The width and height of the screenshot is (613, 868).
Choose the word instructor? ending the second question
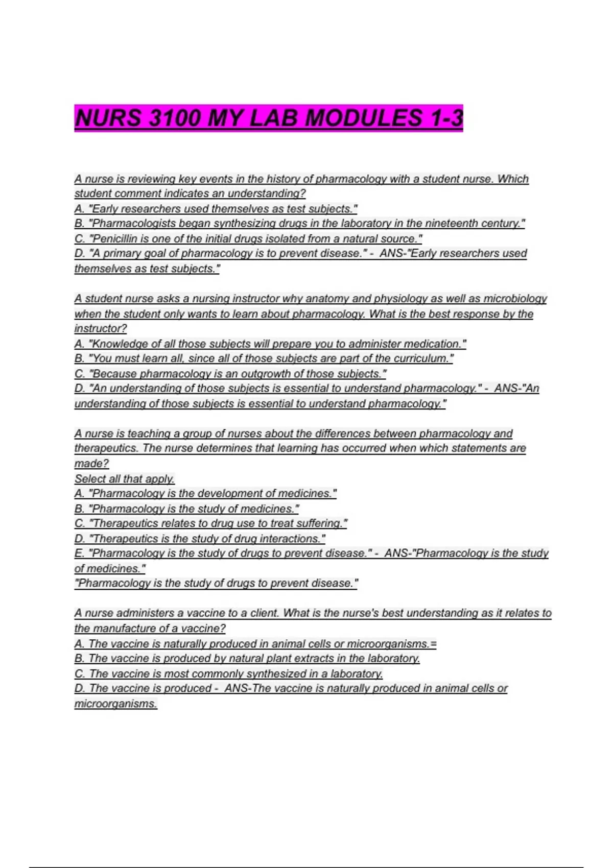[x=101, y=328]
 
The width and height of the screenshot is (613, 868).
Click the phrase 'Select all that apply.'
[x=125, y=478]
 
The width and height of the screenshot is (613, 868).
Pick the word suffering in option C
[x=319, y=523]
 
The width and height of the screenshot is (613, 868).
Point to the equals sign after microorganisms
[x=434, y=644]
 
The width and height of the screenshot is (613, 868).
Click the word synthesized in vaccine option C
[x=276, y=673]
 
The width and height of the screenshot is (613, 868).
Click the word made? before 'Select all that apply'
[x=91, y=463]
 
